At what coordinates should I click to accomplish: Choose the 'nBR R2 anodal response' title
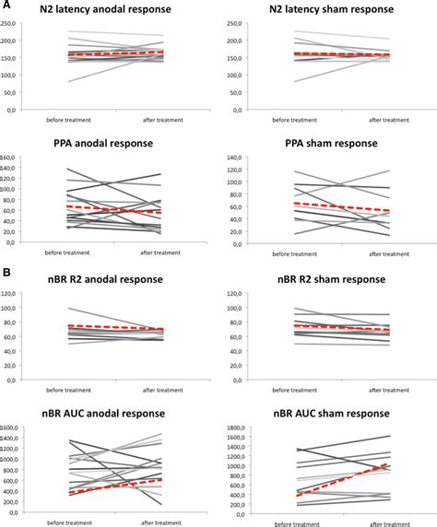point(109,279)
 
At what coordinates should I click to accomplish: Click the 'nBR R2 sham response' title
point(325,279)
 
